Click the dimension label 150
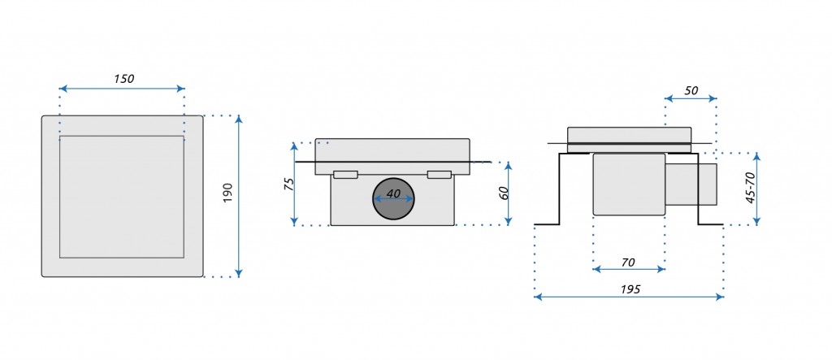coord(123,79)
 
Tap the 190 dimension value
coord(227,193)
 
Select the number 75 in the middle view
coord(287,184)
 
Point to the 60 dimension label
coord(503,193)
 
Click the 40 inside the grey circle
coord(393,194)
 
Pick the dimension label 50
coord(691,91)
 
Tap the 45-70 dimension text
coord(751,188)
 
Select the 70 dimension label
coord(628,262)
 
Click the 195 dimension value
coord(630,289)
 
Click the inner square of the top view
coord(122,197)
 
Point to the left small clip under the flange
coord(345,175)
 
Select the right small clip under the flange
coord(439,175)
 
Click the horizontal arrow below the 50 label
coord(691,100)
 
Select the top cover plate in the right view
coord(630,135)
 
